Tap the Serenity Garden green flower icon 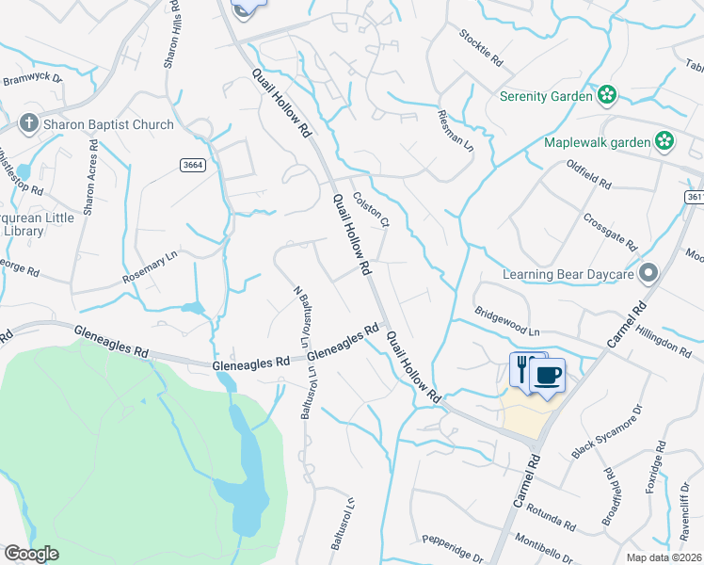click(608, 95)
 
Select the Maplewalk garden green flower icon click(664, 142)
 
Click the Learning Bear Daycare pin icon click(648, 273)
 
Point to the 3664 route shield click(193, 165)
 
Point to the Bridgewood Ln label click(507, 321)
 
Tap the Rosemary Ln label click(150, 267)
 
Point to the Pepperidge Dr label click(452, 547)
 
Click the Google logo click(32, 554)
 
